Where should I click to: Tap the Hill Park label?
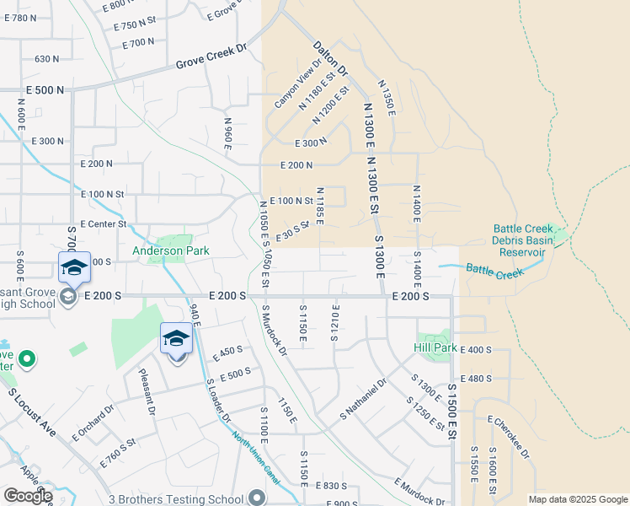click(435, 347)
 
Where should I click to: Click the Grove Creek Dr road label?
click(211, 58)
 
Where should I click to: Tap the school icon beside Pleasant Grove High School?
click(74, 268)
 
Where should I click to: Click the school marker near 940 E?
click(176, 339)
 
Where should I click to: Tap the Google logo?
click(28, 496)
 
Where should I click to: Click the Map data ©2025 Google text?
click(578, 499)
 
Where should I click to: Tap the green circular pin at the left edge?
click(27, 360)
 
